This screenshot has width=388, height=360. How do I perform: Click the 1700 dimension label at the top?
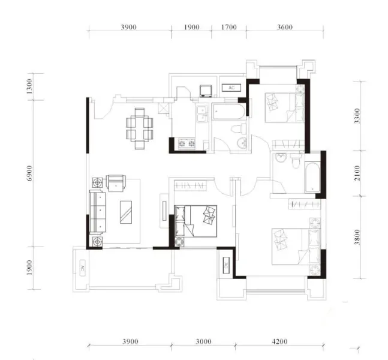coord(229,27)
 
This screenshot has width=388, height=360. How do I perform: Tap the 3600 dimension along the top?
coord(285,27)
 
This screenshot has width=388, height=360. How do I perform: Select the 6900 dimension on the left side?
coord(29,173)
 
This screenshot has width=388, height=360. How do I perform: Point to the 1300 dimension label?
coord(29,86)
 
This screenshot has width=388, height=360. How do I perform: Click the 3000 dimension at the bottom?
coord(204,341)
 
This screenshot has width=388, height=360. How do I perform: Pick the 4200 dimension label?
coord(279,341)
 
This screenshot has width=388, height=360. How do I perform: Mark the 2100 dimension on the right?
coord(357,173)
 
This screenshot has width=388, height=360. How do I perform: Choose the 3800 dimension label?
coord(357,237)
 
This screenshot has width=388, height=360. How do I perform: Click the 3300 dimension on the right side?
coord(357,116)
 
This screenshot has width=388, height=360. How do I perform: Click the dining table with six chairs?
coord(140,129)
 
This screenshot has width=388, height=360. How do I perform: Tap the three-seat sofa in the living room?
coord(98,212)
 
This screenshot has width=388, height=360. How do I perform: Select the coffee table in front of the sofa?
coord(126,212)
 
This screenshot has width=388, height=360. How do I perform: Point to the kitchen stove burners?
coord(187,143)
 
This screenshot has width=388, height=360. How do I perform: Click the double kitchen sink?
coord(203,114)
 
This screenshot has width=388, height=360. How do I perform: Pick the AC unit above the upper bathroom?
coord(231,88)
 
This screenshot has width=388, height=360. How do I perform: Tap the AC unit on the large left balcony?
coord(83,268)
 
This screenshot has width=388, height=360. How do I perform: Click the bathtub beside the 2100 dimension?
coord(312,177)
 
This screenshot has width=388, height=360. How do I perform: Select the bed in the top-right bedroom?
coord(285,107)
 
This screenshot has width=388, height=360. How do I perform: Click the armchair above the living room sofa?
coord(116,183)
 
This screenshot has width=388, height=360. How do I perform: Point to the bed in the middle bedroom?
coord(195,221)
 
